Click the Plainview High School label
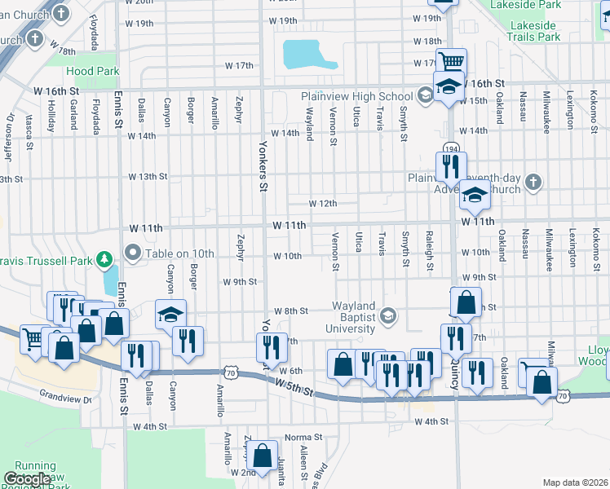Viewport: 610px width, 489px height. point(357,96)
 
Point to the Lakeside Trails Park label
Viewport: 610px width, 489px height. point(535,31)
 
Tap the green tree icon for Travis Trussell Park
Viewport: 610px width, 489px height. point(104,260)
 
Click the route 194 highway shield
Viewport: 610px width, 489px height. point(451,148)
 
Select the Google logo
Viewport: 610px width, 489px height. point(28,479)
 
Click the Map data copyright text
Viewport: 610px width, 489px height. point(576,482)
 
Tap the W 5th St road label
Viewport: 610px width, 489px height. point(294,385)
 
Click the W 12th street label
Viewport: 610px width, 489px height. point(322,203)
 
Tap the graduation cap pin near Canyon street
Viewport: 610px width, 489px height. point(170,315)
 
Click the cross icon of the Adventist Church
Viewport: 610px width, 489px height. point(533,182)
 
